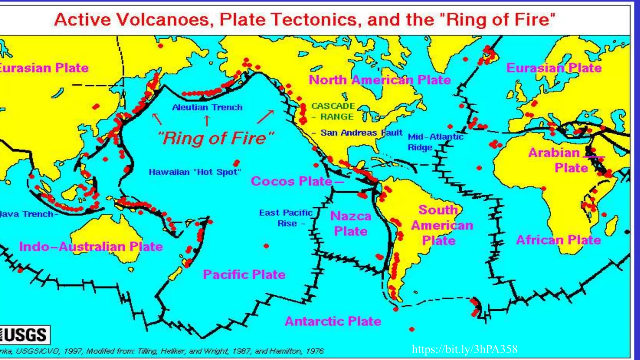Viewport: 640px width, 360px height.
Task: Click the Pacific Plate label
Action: [244, 275]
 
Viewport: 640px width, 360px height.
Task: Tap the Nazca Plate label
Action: [351, 224]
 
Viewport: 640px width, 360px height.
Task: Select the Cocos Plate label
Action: [291, 181]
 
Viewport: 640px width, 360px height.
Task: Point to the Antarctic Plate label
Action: [333, 321]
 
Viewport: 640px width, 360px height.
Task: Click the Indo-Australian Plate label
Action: [91, 247]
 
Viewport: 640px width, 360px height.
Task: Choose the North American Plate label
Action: [380, 80]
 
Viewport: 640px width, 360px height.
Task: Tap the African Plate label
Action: [558, 240]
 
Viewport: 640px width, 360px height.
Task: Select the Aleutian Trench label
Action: [207, 107]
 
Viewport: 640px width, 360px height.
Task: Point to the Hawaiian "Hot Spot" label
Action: [195, 172]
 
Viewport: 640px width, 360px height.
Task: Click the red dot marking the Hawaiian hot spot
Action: [236, 163]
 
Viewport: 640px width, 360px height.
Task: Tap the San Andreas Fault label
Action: [361, 133]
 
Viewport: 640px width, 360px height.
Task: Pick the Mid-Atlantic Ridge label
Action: [435, 142]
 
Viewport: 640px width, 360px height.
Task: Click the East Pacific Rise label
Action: [286, 218]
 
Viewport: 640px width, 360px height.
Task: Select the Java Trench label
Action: [27, 214]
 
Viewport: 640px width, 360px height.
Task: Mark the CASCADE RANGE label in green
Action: [333, 111]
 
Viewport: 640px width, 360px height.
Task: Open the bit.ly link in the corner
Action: [464, 349]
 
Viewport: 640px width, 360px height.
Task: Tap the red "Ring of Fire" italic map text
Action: [216, 138]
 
